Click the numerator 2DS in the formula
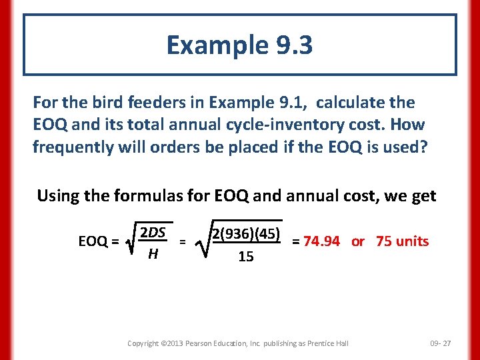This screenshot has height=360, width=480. click(153, 233)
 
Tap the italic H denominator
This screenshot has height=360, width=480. click(153, 254)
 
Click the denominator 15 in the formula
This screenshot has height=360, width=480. click(246, 257)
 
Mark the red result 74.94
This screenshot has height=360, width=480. click(321, 241)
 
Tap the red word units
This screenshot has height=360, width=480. click(412, 241)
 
